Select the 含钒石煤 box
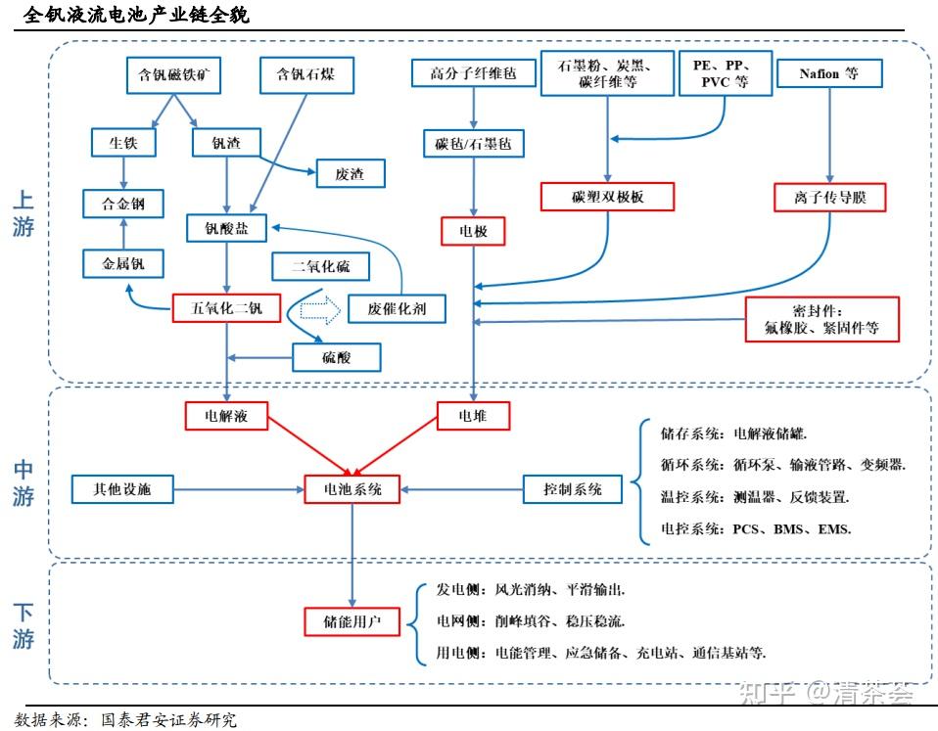305,74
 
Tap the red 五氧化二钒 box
226,309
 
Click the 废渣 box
349,173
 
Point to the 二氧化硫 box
322,265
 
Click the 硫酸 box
336,357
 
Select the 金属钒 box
123,263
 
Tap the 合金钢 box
123,204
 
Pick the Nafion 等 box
829,73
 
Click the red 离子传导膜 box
829,198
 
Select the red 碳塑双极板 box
608,197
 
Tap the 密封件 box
821,319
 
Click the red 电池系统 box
352,488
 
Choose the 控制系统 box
573,488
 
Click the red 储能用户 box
352,620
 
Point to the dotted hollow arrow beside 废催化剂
319,310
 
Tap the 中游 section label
23,483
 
